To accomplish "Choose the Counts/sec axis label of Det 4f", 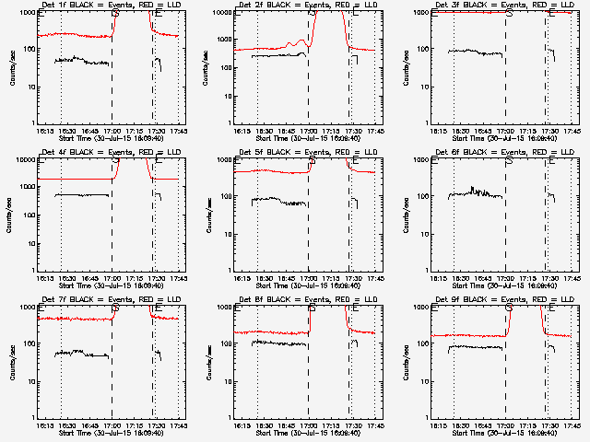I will click(x=12, y=215).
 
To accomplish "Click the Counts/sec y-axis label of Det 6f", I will click(x=406, y=215).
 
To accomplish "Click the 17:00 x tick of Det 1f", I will click(x=112, y=131).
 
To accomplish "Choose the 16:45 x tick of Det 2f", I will click(x=286, y=131).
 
